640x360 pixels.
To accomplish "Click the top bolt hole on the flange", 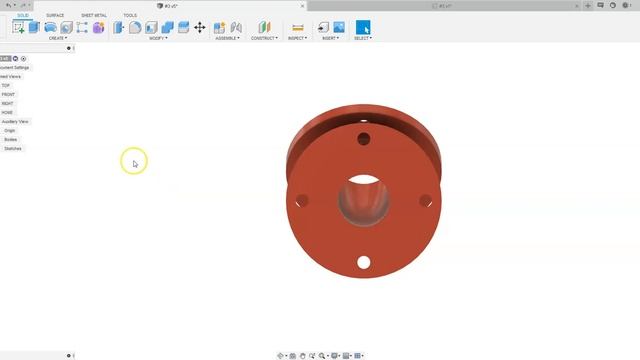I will click(364, 138).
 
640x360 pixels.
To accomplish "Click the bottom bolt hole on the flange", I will click(364, 262).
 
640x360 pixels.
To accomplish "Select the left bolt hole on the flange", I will click(302, 201).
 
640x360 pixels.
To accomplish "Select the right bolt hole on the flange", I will click(425, 201).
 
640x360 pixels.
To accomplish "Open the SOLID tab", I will click(23, 15).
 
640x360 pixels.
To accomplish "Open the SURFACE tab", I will click(55, 15).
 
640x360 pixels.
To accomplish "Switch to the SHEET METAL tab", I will click(93, 15).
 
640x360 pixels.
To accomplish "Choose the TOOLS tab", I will click(130, 15).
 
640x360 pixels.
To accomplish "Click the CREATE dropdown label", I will click(57, 38).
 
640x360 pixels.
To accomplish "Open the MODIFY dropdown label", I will click(157, 38).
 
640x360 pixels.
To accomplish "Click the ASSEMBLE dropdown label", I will click(227, 38).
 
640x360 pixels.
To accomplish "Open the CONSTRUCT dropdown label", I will click(264, 38).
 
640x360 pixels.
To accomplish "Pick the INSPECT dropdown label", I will click(296, 38).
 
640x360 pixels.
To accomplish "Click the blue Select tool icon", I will click(363, 27).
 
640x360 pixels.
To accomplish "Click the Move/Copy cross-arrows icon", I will click(200, 27).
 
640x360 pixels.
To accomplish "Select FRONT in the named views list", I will click(8, 94).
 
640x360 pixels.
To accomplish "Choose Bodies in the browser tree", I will click(11, 139).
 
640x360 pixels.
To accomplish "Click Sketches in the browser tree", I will click(13, 148).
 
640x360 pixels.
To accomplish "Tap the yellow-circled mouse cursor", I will click(134, 162).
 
